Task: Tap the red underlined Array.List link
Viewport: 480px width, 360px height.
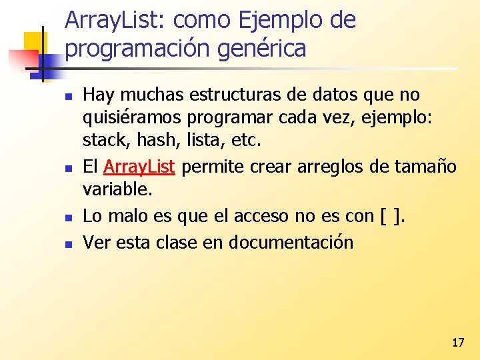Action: click(139, 166)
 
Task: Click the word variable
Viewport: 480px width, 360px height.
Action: click(117, 189)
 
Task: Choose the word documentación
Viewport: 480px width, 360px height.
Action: click(291, 242)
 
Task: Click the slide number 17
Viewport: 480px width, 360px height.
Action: click(457, 343)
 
